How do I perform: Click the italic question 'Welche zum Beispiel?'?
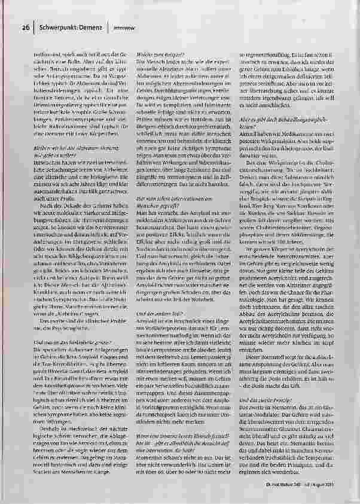pyautogui.click(x=154, y=54)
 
